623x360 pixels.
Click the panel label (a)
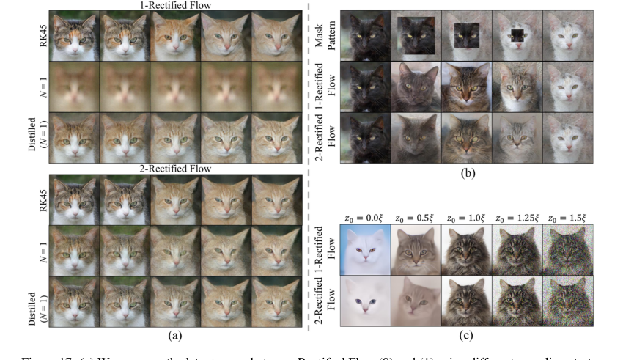pos(174,335)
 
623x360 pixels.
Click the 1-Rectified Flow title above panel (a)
pos(174,6)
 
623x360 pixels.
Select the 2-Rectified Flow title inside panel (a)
pos(174,169)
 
